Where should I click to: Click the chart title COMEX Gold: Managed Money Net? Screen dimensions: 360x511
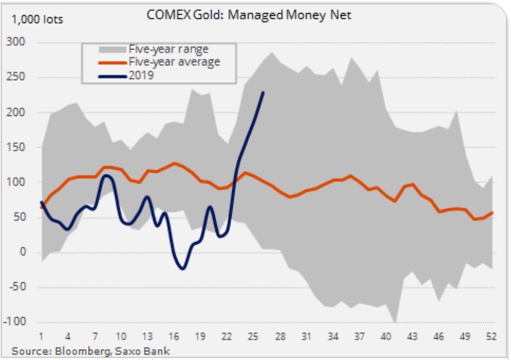click(249, 15)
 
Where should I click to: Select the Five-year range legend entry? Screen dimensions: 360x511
click(169, 49)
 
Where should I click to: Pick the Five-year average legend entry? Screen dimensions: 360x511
click(174, 62)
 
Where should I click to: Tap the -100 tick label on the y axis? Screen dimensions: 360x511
click(20, 322)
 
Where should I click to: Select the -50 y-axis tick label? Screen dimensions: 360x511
click(22, 287)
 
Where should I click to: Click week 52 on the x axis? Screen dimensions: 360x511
click(491, 336)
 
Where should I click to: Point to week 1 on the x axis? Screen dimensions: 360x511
click(41, 336)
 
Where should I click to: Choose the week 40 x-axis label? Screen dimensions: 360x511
click(385, 336)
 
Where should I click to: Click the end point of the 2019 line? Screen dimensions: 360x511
click(263, 92)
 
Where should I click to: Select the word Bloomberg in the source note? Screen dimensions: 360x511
click(79, 351)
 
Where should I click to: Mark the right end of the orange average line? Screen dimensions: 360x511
click(493, 213)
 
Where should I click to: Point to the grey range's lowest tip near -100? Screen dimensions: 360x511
click(395, 322)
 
